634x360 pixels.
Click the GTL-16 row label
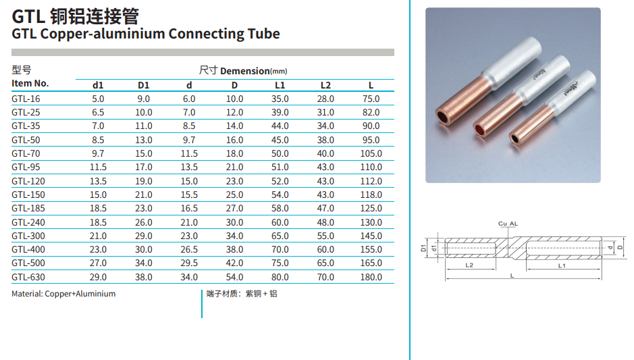[26, 99]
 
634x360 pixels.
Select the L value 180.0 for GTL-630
[371, 277]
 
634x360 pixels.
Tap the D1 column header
[143, 85]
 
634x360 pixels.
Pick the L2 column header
[325, 85]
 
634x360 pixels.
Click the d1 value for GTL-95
[98, 167]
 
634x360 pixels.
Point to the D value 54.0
[234, 277]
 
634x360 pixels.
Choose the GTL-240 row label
[28, 222]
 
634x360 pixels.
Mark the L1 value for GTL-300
[280, 236]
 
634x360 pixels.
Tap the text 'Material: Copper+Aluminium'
[63, 294]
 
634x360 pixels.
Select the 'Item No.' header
[30, 84]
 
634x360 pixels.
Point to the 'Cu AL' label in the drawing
[508, 223]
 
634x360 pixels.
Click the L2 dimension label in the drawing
[469, 265]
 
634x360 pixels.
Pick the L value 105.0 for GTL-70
[371, 153]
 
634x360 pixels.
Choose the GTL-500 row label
[28, 263]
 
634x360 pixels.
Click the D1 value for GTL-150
[144, 195]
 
